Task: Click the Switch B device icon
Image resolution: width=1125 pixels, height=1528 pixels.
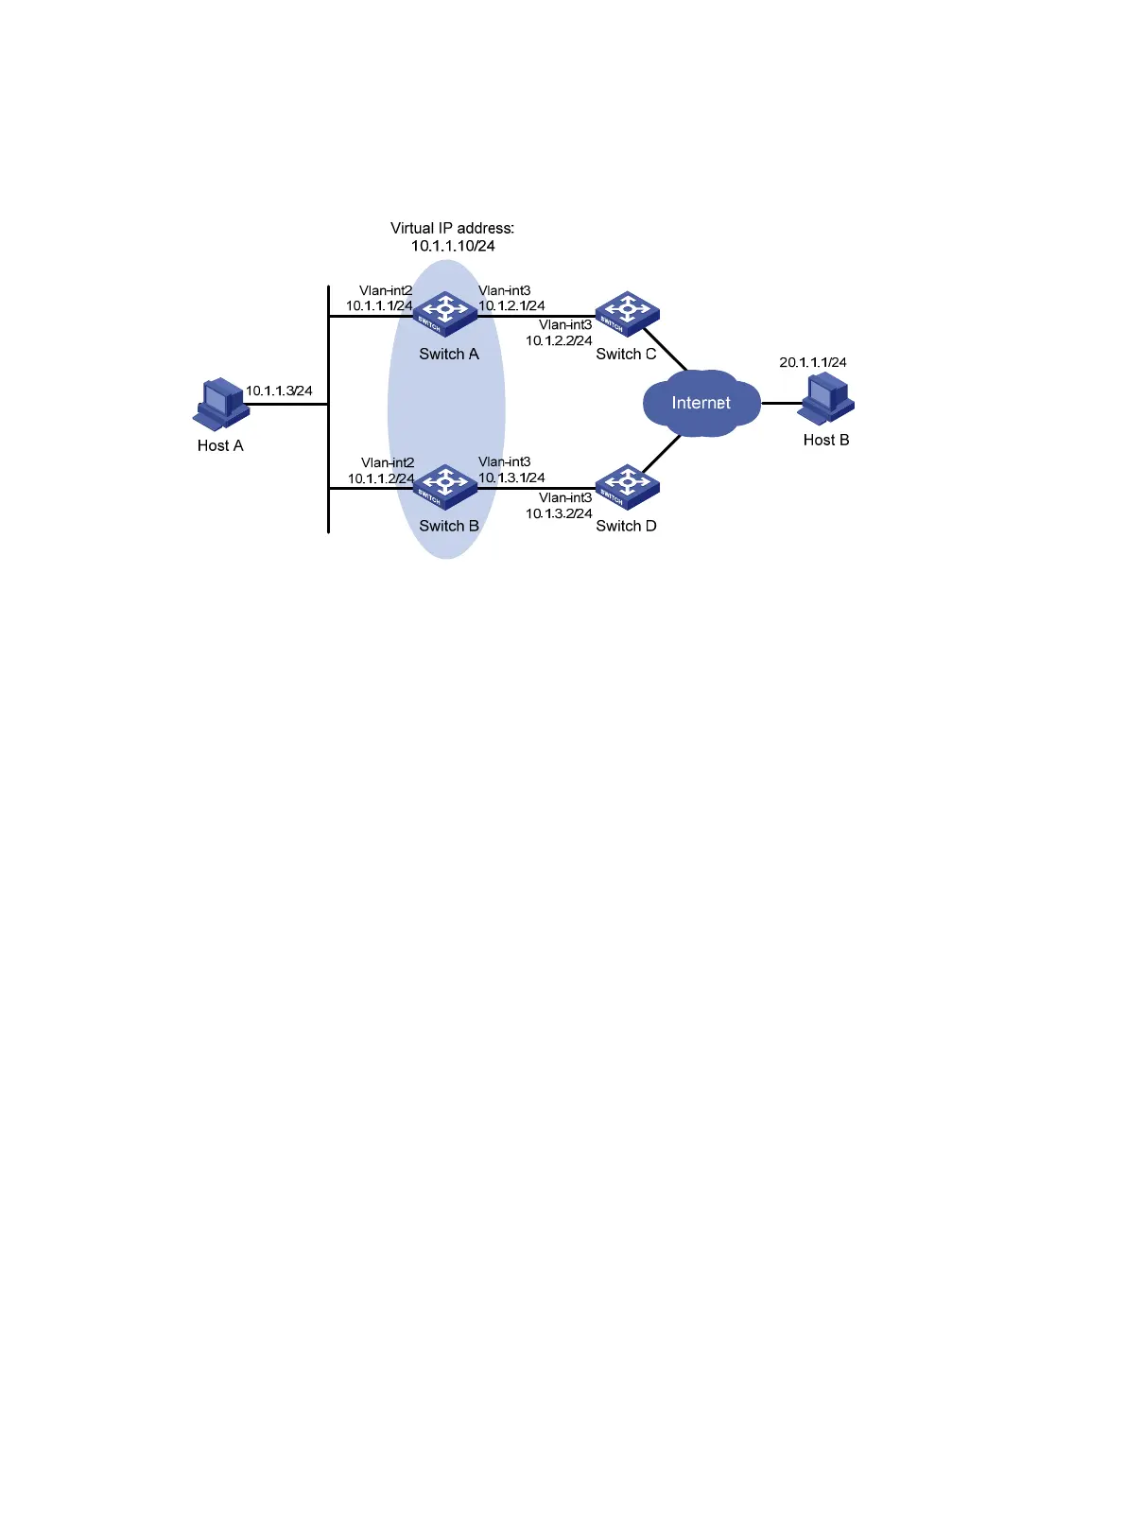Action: (x=445, y=486)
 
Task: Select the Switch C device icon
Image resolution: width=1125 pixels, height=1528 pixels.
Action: (x=627, y=314)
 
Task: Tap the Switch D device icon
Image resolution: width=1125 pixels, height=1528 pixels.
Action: (x=627, y=486)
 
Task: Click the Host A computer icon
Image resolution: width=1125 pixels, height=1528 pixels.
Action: (x=221, y=405)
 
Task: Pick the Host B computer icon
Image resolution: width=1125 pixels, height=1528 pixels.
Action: (x=827, y=399)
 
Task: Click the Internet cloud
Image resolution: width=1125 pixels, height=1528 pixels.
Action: (x=701, y=403)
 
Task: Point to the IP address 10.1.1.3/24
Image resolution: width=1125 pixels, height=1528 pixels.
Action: (x=279, y=391)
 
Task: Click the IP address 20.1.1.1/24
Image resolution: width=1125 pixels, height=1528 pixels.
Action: (x=813, y=362)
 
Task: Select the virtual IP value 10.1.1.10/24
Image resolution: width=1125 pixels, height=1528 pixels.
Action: (x=453, y=246)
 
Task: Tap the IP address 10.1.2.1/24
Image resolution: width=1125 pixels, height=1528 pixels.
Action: (x=511, y=305)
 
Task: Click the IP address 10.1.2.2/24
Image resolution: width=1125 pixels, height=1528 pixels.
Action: (x=559, y=340)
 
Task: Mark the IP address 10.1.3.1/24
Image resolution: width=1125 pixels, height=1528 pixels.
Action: (x=511, y=477)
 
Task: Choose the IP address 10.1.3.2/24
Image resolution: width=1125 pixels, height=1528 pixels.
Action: (x=559, y=513)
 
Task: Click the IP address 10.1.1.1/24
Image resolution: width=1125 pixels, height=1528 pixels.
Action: (x=379, y=305)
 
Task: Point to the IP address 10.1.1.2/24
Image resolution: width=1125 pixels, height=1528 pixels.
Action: (x=380, y=478)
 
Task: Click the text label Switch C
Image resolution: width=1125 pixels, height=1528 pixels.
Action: (x=626, y=354)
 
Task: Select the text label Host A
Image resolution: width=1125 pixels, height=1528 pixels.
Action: (x=220, y=445)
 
